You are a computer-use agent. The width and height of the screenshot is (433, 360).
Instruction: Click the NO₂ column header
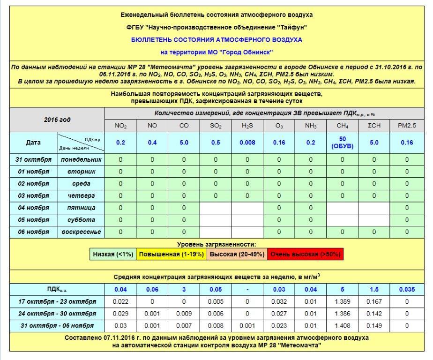(x=120, y=126)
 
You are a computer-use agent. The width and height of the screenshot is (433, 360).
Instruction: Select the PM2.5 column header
(x=406, y=126)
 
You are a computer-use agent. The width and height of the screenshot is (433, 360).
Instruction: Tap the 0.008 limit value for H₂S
(x=247, y=142)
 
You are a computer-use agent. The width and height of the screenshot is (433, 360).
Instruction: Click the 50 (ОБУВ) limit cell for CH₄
(x=342, y=142)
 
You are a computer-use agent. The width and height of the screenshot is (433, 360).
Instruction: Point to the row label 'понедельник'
(x=81, y=159)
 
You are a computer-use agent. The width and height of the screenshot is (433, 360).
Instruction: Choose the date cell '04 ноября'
(x=33, y=208)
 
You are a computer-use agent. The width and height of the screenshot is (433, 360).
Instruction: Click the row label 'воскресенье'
(x=81, y=232)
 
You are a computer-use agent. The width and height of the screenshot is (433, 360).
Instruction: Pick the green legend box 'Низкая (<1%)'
(x=112, y=254)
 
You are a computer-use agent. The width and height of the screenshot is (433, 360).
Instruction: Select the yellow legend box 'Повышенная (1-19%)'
(x=171, y=254)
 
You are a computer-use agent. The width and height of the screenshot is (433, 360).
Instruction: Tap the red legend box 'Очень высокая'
(x=305, y=254)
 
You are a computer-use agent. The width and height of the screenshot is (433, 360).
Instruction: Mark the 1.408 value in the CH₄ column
(x=342, y=325)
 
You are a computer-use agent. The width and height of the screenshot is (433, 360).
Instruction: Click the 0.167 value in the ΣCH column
(x=374, y=301)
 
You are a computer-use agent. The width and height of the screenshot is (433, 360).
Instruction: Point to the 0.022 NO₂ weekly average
(x=120, y=301)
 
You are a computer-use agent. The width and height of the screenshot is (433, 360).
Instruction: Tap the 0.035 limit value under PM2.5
(x=406, y=290)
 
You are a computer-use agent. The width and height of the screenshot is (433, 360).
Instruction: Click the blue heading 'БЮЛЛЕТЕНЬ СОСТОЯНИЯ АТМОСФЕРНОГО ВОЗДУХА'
(x=216, y=40)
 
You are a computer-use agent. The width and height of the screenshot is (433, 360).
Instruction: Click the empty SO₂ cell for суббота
(x=216, y=220)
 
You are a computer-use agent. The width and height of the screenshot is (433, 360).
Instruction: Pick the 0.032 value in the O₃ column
(x=279, y=301)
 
